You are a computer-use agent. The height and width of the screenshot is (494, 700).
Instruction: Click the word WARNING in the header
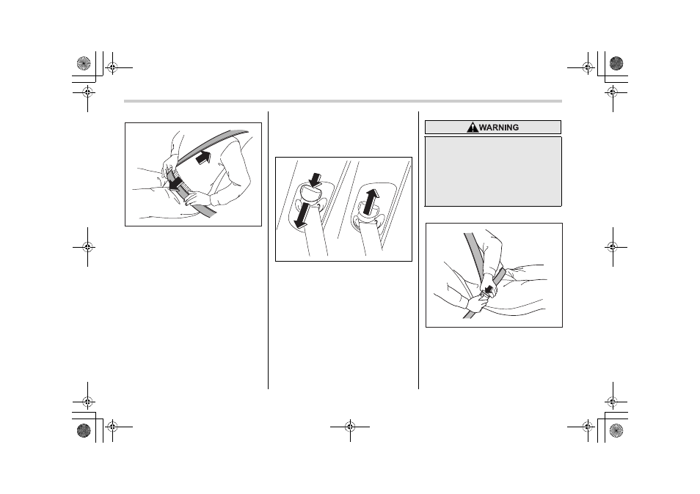pyautogui.click(x=499, y=128)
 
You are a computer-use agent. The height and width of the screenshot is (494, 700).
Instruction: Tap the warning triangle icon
pyautogui.click(x=473, y=128)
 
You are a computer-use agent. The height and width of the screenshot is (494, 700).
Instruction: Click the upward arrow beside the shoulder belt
pyautogui.click(x=203, y=158)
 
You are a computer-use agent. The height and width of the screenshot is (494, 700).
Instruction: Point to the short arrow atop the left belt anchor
pyautogui.click(x=316, y=180)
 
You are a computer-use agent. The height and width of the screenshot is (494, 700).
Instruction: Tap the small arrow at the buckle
pyautogui.click(x=489, y=290)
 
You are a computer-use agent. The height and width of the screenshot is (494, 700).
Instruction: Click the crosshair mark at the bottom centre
pyautogui.click(x=350, y=427)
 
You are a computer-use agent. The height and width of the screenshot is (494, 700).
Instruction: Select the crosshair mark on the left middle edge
pyautogui.click(x=87, y=246)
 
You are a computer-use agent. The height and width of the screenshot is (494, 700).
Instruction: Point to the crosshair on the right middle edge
pyautogui.click(x=613, y=246)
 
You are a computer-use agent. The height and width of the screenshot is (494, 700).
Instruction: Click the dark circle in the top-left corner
pyautogui.click(x=84, y=63)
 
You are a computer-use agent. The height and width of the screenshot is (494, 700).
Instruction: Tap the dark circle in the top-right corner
pyautogui.click(x=616, y=63)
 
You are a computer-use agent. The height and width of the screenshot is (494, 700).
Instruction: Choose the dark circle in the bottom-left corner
pyautogui.click(x=84, y=430)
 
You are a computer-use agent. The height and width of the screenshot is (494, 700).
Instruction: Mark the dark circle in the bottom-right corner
pyautogui.click(x=616, y=430)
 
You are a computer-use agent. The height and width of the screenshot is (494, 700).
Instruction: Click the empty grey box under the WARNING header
pyautogui.click(x=493, y=172)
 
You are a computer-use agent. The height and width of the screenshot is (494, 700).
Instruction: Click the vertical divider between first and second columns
pyautogui.click(x=268, y=250)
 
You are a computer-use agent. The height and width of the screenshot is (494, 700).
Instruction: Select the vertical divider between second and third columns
pyautogui.click(x=418, y=250)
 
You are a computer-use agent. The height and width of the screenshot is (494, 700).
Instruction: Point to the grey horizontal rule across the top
pyautogui.click(x=343, y=101)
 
